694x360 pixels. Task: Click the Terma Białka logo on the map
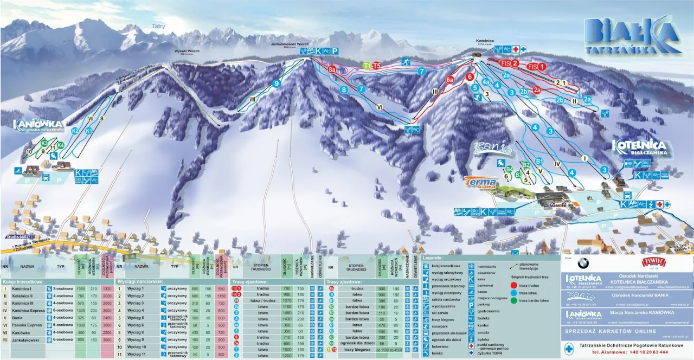click(480, 183)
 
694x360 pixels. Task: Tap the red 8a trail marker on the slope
click(332, 70)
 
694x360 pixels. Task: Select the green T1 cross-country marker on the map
click(367, 66)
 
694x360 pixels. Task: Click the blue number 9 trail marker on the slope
click(277, 83)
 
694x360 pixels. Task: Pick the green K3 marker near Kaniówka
click(44, 143)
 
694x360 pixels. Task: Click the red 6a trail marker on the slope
click(449, 80)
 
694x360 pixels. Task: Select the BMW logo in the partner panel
click(583, 263)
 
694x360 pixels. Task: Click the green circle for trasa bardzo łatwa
click(513, 299)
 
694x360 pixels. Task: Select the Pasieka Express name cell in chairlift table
click(23, 324)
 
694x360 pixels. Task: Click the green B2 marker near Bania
click(525, 165)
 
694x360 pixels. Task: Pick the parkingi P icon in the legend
click(471, 303)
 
